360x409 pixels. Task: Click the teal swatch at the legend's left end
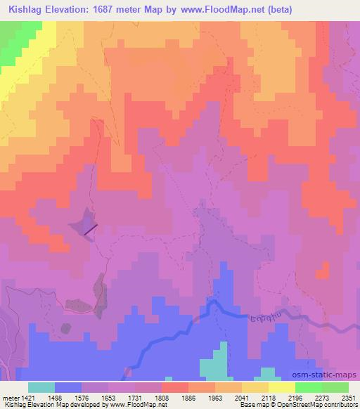[x=41, y=387]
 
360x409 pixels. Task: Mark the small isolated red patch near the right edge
[x=323, y=270]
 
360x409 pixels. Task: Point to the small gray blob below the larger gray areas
[x=65, y=327]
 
